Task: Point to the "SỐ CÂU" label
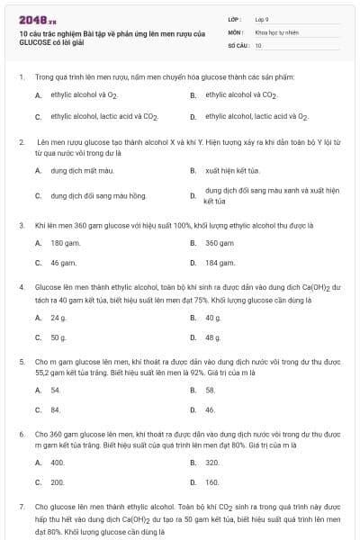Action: coord(238,44)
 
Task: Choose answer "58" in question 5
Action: coord(211,390)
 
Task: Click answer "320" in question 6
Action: coord(212,463)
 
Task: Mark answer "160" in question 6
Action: coord(212,482)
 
